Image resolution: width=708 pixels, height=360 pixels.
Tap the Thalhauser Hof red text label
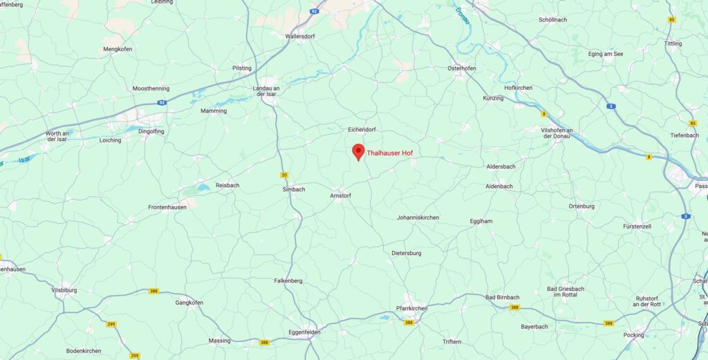pos(389,153)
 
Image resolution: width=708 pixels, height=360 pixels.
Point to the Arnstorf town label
pos(341,196)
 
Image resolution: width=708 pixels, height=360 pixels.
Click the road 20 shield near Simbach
pos(283,175)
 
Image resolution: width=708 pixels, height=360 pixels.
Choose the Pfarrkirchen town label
pos(415,308)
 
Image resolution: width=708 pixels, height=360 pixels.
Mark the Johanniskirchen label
pos(418,218)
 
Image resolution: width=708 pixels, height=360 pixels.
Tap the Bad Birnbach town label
pos(503,297)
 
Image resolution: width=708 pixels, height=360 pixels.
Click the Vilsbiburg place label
pos(64,290)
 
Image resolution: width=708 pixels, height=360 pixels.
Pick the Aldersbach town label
pos(501,167)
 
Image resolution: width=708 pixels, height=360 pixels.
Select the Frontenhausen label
pos(167,207)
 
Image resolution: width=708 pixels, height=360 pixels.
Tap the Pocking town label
pos(633,334)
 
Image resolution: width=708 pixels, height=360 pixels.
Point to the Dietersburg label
pos(406,253)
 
